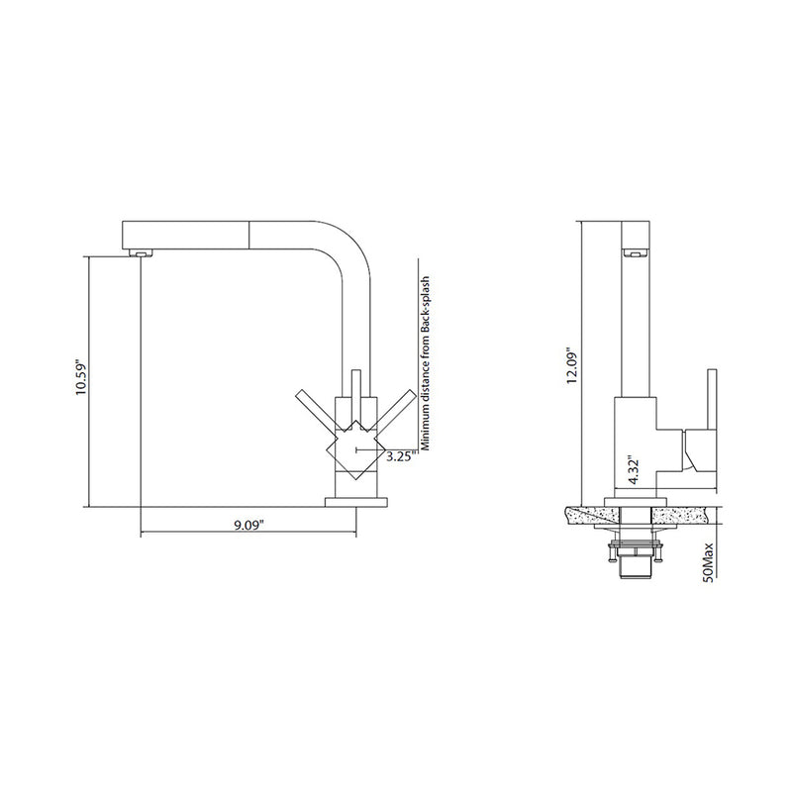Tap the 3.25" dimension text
(x=399, y=457)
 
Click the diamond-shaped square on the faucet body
(x=351, y=451)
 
